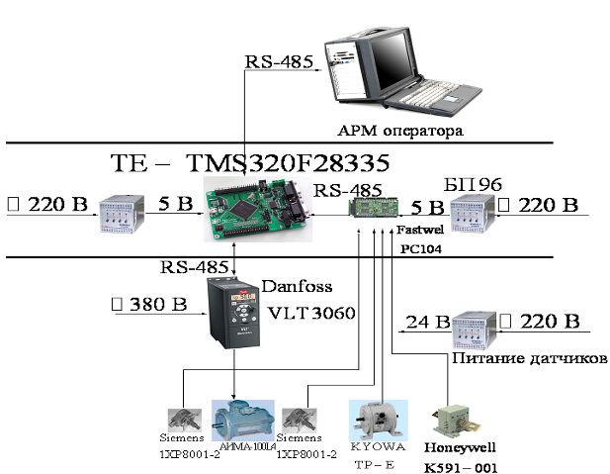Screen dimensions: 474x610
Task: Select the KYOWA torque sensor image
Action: pyautogui.click(x=376, y=420)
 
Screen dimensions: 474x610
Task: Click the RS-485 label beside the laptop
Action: pyautogui.click(x=279, y=61)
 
